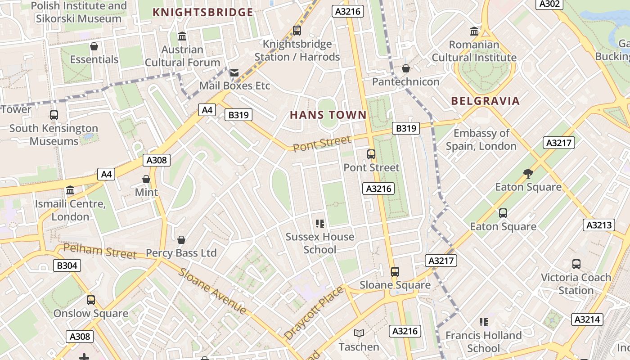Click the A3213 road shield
599,225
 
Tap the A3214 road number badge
587,319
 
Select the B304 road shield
67,265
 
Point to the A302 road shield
549,4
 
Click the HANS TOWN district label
328,115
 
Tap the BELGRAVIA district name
485,101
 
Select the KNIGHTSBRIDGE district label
203,12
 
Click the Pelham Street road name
99,251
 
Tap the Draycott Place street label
314,312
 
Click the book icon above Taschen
359,333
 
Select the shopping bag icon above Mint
146,179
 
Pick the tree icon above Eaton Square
528,173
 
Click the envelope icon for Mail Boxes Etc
234,72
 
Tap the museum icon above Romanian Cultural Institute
474,31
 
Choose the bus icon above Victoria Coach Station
576,264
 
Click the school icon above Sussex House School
320,223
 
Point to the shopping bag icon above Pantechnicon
405,68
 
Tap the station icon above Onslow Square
91,300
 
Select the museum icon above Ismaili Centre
70,190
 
